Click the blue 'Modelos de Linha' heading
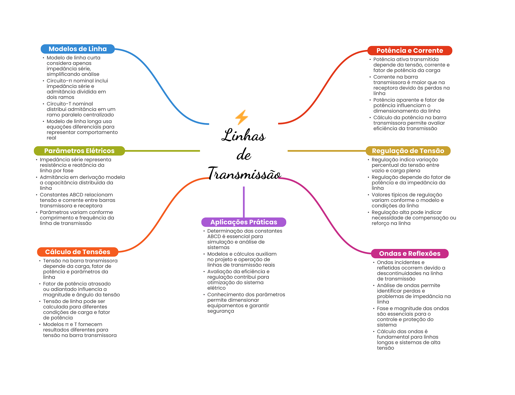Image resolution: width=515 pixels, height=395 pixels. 77,49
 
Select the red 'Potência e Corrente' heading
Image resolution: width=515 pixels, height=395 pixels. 409,51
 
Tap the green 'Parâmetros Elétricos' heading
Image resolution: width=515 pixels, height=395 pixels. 79,151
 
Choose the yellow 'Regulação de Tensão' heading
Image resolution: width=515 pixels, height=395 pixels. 408,151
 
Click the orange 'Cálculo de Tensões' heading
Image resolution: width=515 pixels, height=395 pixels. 77,252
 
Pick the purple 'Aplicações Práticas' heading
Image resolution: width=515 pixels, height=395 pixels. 243,222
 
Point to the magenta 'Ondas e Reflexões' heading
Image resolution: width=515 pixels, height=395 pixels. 409,254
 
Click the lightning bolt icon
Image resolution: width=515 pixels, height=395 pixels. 241,117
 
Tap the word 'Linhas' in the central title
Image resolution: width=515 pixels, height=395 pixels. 243,135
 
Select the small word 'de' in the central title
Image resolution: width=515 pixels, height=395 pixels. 244,154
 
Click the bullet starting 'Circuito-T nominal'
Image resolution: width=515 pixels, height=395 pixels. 80,109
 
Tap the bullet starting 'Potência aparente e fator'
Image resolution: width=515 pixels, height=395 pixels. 408,105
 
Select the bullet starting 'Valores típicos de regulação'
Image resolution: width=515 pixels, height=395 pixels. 407,200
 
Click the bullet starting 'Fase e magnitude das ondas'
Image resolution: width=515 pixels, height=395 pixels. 412,316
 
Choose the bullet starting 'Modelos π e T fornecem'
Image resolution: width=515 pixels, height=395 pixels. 79,330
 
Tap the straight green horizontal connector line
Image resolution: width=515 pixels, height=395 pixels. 162,151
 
